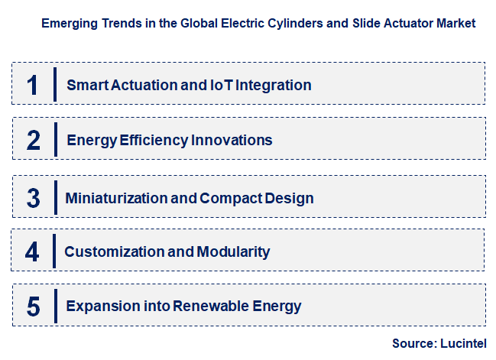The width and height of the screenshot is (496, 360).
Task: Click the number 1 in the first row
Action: tap(32, 85)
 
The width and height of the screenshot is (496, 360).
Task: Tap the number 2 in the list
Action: tap(33, 141)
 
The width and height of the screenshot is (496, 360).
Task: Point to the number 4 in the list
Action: tap(32, 251)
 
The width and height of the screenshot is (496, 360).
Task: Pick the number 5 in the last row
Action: tap(33, 306)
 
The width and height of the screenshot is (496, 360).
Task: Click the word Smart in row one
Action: tap(86, 85)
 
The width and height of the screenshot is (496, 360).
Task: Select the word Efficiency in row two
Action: tap(150, 141)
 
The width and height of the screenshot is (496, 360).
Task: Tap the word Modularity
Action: tap(234, 251)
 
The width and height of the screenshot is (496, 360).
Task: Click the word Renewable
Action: tap(209, 306)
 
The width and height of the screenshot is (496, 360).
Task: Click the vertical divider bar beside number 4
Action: tap(54, 251)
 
